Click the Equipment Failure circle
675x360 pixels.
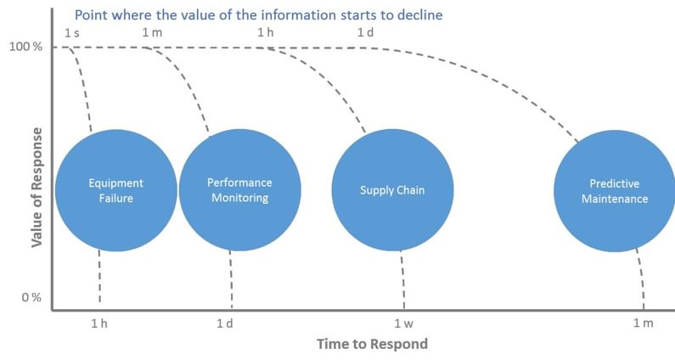click(x=116, y=190)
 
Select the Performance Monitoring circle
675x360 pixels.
click(x=239, y=190)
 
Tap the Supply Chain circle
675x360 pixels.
click(x=392, y=190)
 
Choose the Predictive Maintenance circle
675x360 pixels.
click(x=615, y=191)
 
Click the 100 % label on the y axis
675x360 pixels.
click(x=25, y=47)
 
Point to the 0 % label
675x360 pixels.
click(x=31, y=297)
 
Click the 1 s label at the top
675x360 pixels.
click(x=72, y=33)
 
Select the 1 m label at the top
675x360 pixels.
click(x=152, y=32)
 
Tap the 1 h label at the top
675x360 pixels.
click(x=265, y=32)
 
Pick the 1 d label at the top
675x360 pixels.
click(x=365, y=32)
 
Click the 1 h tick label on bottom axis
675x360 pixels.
click(x=99, y=323)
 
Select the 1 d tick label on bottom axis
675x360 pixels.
click(x=225, y=323)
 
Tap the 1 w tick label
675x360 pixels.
click(x=404, y=323)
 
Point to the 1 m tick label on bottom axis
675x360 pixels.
click(x=643, y=323)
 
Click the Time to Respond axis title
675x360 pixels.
click(x=373, y=344)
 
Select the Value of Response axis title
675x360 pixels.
click(x=37, y=188)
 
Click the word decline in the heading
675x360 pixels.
click(x=419, y=15)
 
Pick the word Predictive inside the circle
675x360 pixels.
click(x=615, y=184)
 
